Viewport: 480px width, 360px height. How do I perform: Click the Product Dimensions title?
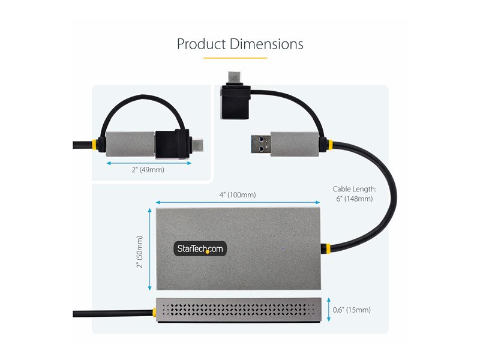click(240, 44)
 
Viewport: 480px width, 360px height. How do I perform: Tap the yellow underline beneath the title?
click(235, 58)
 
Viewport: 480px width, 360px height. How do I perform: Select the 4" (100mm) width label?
click(237, 194)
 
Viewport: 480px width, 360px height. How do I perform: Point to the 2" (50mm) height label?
click(139, 251)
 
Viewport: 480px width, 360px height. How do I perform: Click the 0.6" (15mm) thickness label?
click(352, 310)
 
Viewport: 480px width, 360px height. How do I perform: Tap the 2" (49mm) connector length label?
click(148, 170)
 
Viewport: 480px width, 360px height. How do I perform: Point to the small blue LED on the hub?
click(283, 247)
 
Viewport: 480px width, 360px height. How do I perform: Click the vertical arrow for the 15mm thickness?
click(329, 310)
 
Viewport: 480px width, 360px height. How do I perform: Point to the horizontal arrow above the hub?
click(238, 202)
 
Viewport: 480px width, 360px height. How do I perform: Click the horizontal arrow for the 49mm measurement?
click(148, 161)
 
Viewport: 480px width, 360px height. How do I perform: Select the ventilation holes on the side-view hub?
click(240, 310)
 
